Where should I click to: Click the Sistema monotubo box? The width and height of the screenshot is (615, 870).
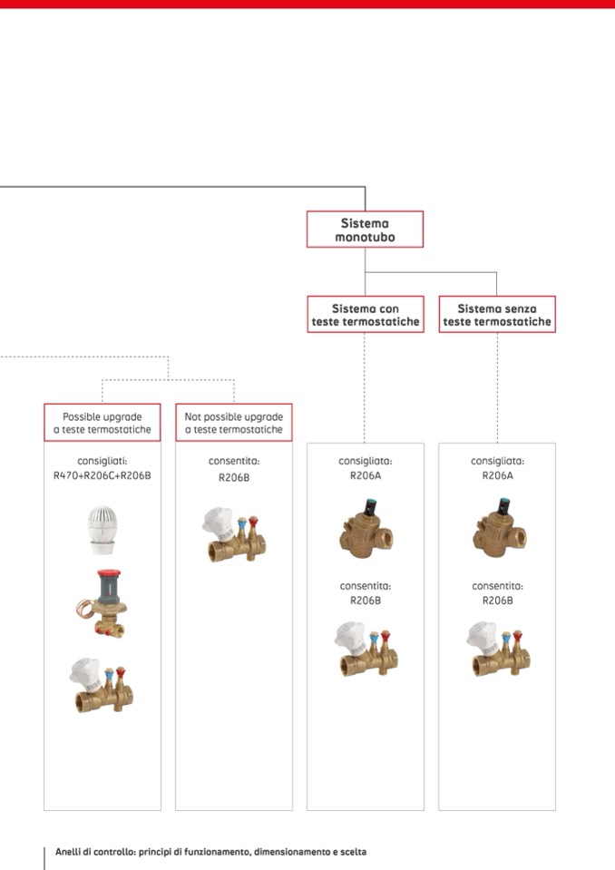pyautogui.click(x=365, y=230)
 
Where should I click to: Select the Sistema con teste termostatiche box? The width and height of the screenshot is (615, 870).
pyautogui.click(x=365, y=315)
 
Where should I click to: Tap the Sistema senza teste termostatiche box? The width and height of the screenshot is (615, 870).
pyautogui.click(x=497, y=315)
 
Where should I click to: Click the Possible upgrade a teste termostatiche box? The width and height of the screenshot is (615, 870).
pyautogui.click(x=102, y=423)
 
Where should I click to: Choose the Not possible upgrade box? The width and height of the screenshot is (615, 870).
pyautogui.click(x=234, y=423)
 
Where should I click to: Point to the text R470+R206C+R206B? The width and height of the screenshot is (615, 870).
pyautogui.click(x=102, y=474)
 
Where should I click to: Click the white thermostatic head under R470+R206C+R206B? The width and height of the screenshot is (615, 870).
pyautogui.click(x=101, y=530)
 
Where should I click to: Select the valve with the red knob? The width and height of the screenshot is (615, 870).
pyautogui.click(x=102, y=602)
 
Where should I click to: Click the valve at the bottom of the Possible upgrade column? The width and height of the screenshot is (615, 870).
pyautogui.click(x=102, y=686)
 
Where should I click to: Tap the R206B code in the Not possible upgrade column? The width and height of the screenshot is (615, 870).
pyautogui.click(x=234, y=475)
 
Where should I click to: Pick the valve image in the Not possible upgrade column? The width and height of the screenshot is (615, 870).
pyautogui.click(x=233, y=534)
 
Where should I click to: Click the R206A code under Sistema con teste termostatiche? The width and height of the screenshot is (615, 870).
pyautogui.click(x=366, y=474)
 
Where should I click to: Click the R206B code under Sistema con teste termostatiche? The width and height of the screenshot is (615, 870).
pyautogui.click(x=366, y=600)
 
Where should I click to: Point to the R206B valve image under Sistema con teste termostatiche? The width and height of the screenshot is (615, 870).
pyautogui.click(x=366, y=648)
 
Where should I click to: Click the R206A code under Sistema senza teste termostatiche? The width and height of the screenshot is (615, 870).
pyautogui.click(x=497, y=474)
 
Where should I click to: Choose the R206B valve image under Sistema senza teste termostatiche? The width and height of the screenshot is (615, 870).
pyautogui.click(x=497, y=648)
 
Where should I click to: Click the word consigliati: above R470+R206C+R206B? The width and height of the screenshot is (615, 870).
pyautogui.click(x=102, y=461)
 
